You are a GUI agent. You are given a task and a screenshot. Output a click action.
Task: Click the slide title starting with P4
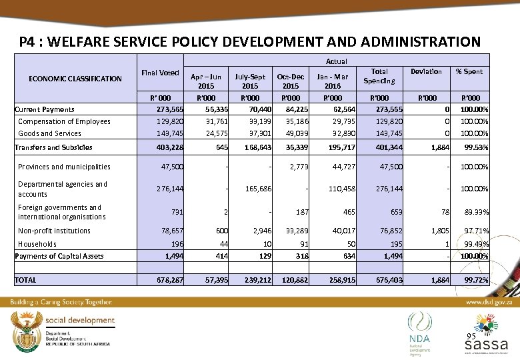[x=249, y=42]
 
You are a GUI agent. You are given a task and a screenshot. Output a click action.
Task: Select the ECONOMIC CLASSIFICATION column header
[x=75, y=79]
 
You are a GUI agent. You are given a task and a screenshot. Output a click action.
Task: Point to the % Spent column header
[x=469, y=71]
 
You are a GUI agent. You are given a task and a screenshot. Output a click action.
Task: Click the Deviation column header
[x=426, y=71]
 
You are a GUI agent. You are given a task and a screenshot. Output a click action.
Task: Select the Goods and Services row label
[x=51, y=133]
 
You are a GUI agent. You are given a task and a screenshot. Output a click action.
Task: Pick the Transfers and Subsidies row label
[x=53, y=147]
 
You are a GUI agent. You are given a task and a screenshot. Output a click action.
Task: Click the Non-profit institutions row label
[x=54, y=231]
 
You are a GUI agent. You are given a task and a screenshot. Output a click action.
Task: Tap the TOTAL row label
[x=26, y=280]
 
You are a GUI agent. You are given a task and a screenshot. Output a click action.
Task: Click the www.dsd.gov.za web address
[x=488, y=302]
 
